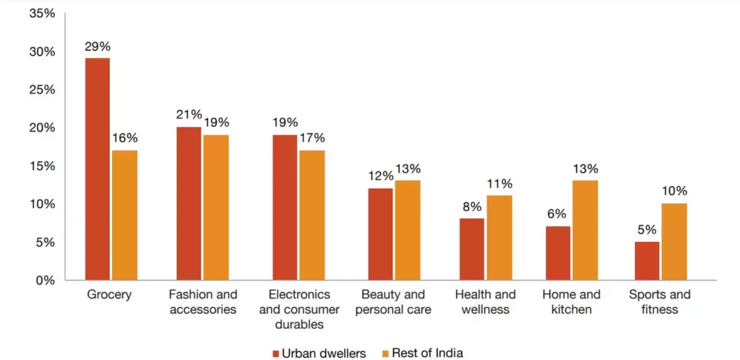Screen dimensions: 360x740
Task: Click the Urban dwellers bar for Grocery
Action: [x=98, y=169]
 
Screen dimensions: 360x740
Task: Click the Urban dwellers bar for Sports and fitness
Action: [x=647, y=260]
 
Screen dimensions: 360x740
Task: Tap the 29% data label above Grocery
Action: [x=98, y=47]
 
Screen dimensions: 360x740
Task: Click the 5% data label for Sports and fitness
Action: [x=647, y=230]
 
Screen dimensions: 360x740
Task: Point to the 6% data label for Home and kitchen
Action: [x=557, y=215]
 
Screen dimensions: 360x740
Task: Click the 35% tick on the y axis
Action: [x=39, y=14]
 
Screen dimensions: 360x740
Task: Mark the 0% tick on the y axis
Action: [x=43, y=280]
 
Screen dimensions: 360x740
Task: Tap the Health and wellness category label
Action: [x=486, y=302]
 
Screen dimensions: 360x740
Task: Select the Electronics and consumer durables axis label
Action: [x=298, y=309]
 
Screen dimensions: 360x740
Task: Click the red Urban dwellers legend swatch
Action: [x=276, y=353]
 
